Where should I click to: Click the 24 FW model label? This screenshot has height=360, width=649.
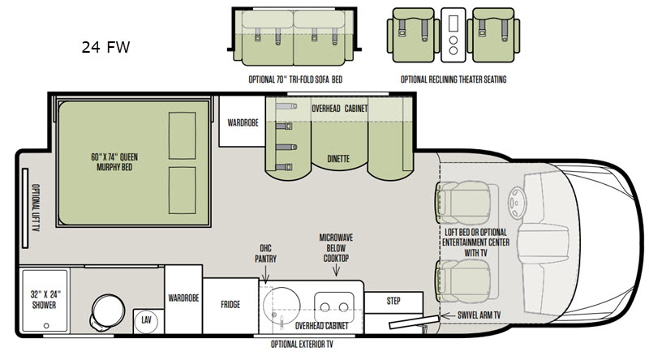coord(105,47)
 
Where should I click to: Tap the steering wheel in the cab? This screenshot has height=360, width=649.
coord(517,203)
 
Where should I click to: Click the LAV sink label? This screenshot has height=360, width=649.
coord(146,319)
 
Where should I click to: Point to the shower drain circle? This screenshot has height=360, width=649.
coord(46,326)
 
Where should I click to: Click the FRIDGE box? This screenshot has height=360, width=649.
coord(230,306)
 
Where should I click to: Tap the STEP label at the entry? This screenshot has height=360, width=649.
coord(393,301)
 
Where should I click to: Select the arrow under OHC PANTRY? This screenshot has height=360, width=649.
coord(265,275)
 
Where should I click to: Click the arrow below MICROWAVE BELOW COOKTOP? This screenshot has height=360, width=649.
coord(336,270)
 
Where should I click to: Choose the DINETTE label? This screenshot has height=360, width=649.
coord(338,159)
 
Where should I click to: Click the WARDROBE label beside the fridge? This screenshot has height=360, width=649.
coord(183,298)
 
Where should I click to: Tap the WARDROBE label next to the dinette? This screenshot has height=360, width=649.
coord(243,123)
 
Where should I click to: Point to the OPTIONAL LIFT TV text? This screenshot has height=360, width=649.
coord(36,208)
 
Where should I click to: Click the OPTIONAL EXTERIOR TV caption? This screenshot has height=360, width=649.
coord(302,345)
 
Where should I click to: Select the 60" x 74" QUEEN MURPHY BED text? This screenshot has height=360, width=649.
coord(114,162)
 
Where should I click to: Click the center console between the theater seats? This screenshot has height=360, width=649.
coord(453,35)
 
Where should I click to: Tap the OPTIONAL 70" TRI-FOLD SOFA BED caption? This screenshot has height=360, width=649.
coord(295,79)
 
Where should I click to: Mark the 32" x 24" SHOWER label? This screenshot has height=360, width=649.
coord(45,299)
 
